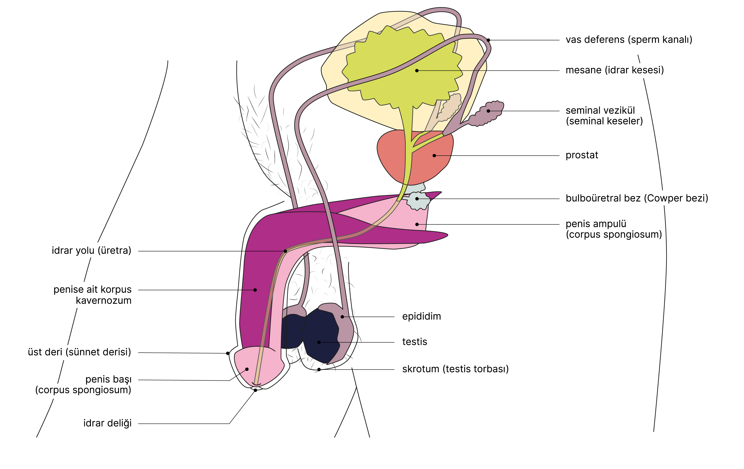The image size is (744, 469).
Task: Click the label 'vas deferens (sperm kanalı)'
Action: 628,40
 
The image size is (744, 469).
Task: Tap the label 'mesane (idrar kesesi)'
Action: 614,70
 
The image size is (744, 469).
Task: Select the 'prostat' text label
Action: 581,155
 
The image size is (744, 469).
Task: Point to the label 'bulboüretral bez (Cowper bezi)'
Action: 637,198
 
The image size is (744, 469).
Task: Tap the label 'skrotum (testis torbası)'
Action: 455,369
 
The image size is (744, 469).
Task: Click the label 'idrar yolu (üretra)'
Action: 91,250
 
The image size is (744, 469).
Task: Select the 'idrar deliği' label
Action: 107,423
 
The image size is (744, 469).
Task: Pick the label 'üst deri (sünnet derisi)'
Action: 80,352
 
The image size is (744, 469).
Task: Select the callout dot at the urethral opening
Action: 255,390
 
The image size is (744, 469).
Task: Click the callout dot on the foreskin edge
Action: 228,353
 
